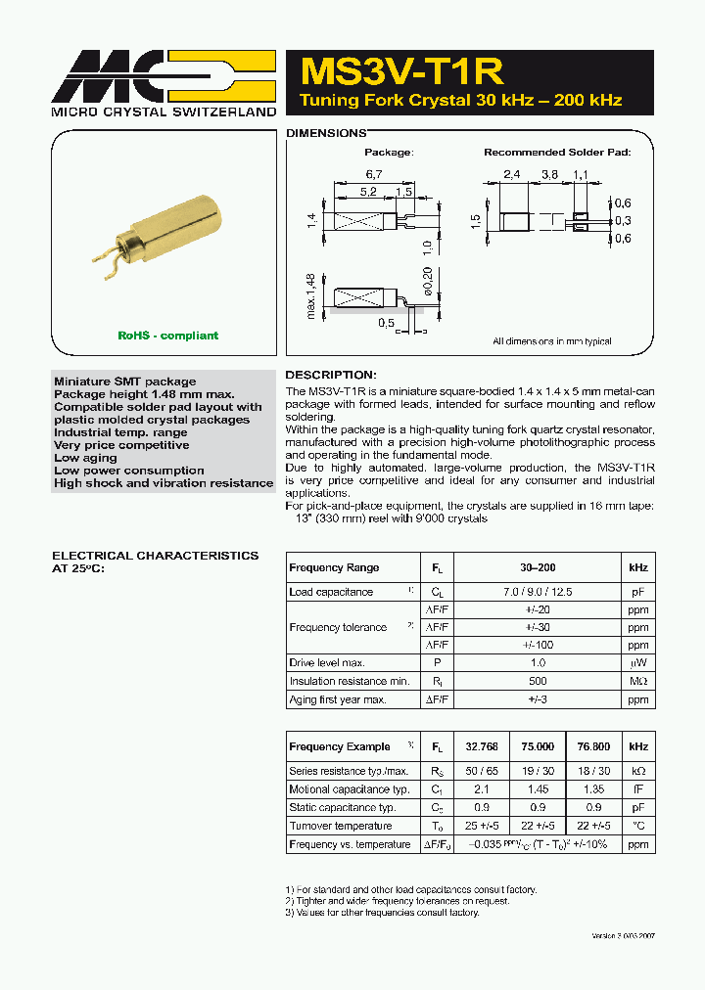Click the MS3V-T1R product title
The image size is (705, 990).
pyautogui.click(x=402, y=71)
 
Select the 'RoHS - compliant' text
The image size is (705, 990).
pyautogui.click(x=167, y=336)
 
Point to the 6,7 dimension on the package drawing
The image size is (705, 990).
pyautogui.click(x=374, y=173)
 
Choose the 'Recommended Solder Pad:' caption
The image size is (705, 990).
pyautogui.click(x=557, y=153)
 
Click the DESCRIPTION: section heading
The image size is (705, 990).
pyautogui.click(x=330, y=375)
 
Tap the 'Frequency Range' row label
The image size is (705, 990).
pyautogui.click(x=334, y=567)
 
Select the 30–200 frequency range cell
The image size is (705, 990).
pyautogui.click(x=538, y=567)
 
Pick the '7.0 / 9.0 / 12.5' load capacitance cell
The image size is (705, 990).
pyautogui.click(x=538, y=592)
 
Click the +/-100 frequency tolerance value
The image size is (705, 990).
pyautogui.click(x=538, y=645)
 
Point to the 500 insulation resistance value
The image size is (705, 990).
pyautogui.click(x=538, y=681)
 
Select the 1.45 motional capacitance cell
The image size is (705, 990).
pyautogui.click(x=538, y=789)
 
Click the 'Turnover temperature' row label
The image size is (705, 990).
pyautogui.click(x=340, y=826)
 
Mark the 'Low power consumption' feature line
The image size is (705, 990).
pyautogui.click(x=129, y=471)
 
